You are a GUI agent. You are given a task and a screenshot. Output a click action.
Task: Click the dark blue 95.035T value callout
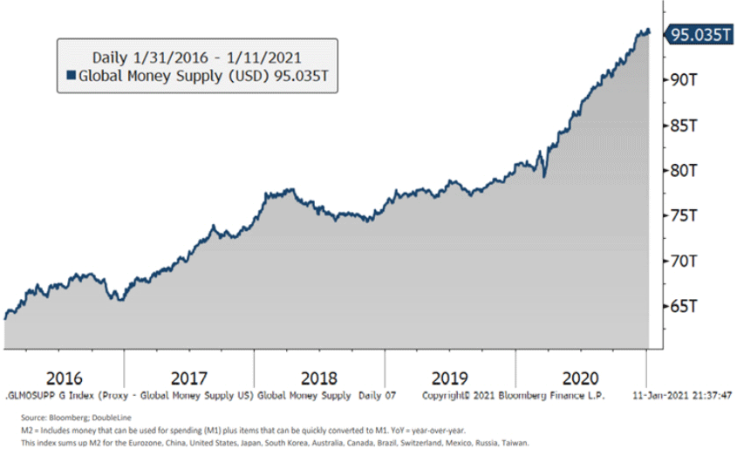697,35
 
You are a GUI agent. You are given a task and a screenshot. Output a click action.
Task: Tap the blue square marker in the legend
72,76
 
